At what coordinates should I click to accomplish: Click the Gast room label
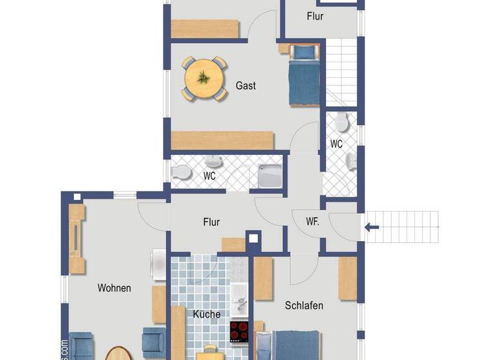(246, 85)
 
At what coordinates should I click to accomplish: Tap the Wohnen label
(114, 288)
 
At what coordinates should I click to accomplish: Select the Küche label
(206, 314)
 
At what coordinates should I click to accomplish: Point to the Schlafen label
(304, 306)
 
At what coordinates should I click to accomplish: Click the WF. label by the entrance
(313, 222)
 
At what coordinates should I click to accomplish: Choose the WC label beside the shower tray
(210, 175)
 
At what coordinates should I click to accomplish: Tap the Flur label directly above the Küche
(212, 222)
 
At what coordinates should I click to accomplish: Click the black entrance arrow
(372, 226)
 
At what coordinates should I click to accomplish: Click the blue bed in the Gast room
(304, 76)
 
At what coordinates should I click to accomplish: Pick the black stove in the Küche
(240, 332)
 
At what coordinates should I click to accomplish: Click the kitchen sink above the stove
(239, 301)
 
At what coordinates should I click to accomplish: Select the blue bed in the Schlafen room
(289, 346)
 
